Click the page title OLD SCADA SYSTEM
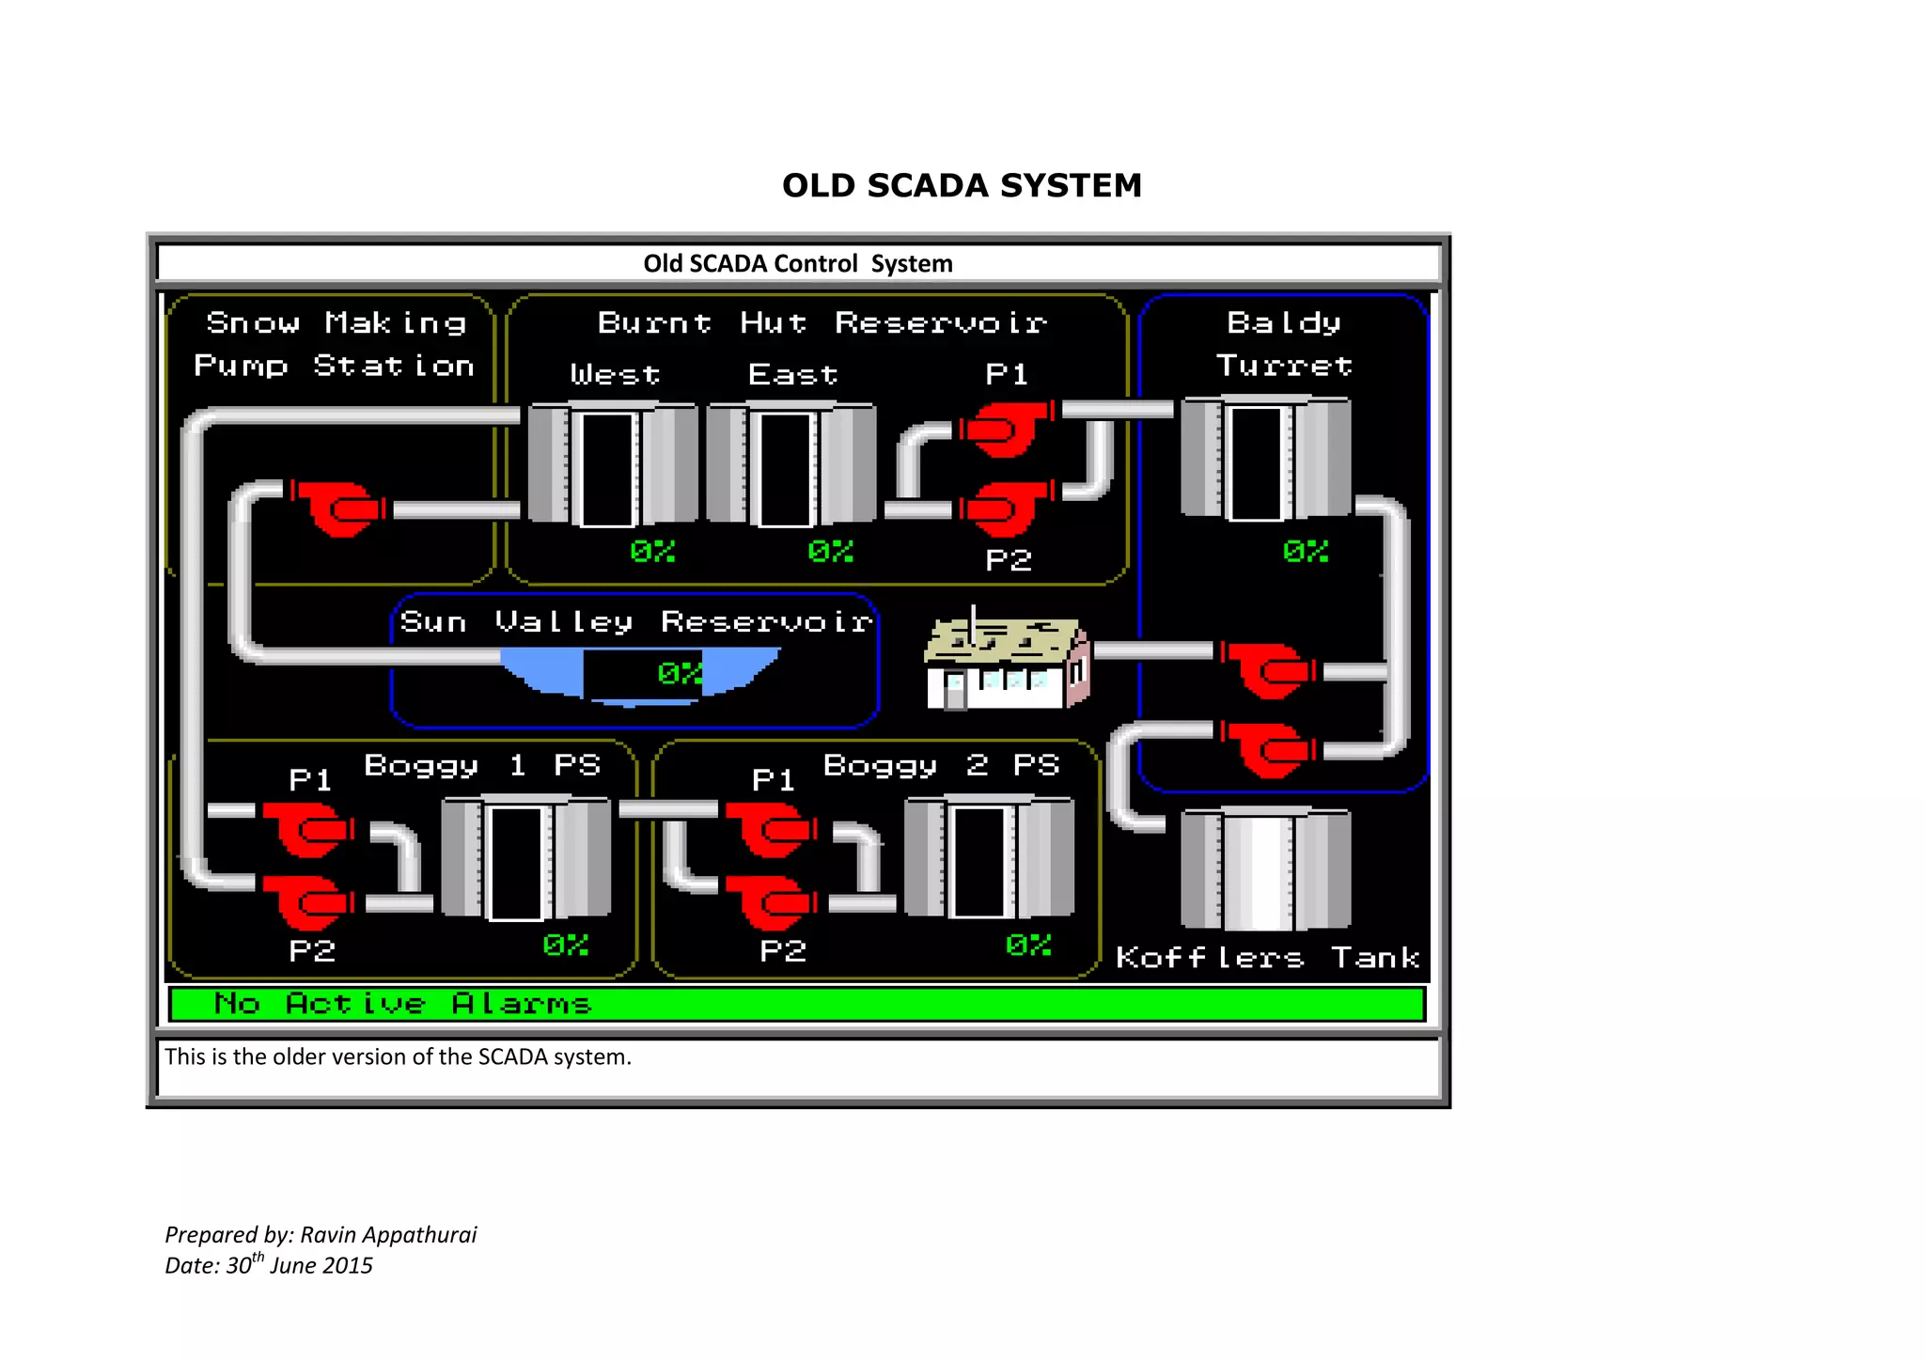pos(962,185)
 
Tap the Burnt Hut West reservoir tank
pos(612,463)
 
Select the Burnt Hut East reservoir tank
pos(790,463)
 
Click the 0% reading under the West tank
pos(652,551)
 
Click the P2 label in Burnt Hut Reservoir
pos(1009,560)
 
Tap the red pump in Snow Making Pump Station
pos(336,508)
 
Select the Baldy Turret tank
pos(1265,459)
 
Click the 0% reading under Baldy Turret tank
pos(1306,551)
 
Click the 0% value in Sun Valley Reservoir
pos(680,673)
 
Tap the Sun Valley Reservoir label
pos(636,621)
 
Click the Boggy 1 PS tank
pos(525,857)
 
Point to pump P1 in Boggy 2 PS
pos(771,829)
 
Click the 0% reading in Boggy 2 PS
pos(1028,945)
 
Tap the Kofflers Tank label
pos(1267,958)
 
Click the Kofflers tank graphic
pos(1265,868)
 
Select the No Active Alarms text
pos(402,1004)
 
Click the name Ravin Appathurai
pos(388,1234)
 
